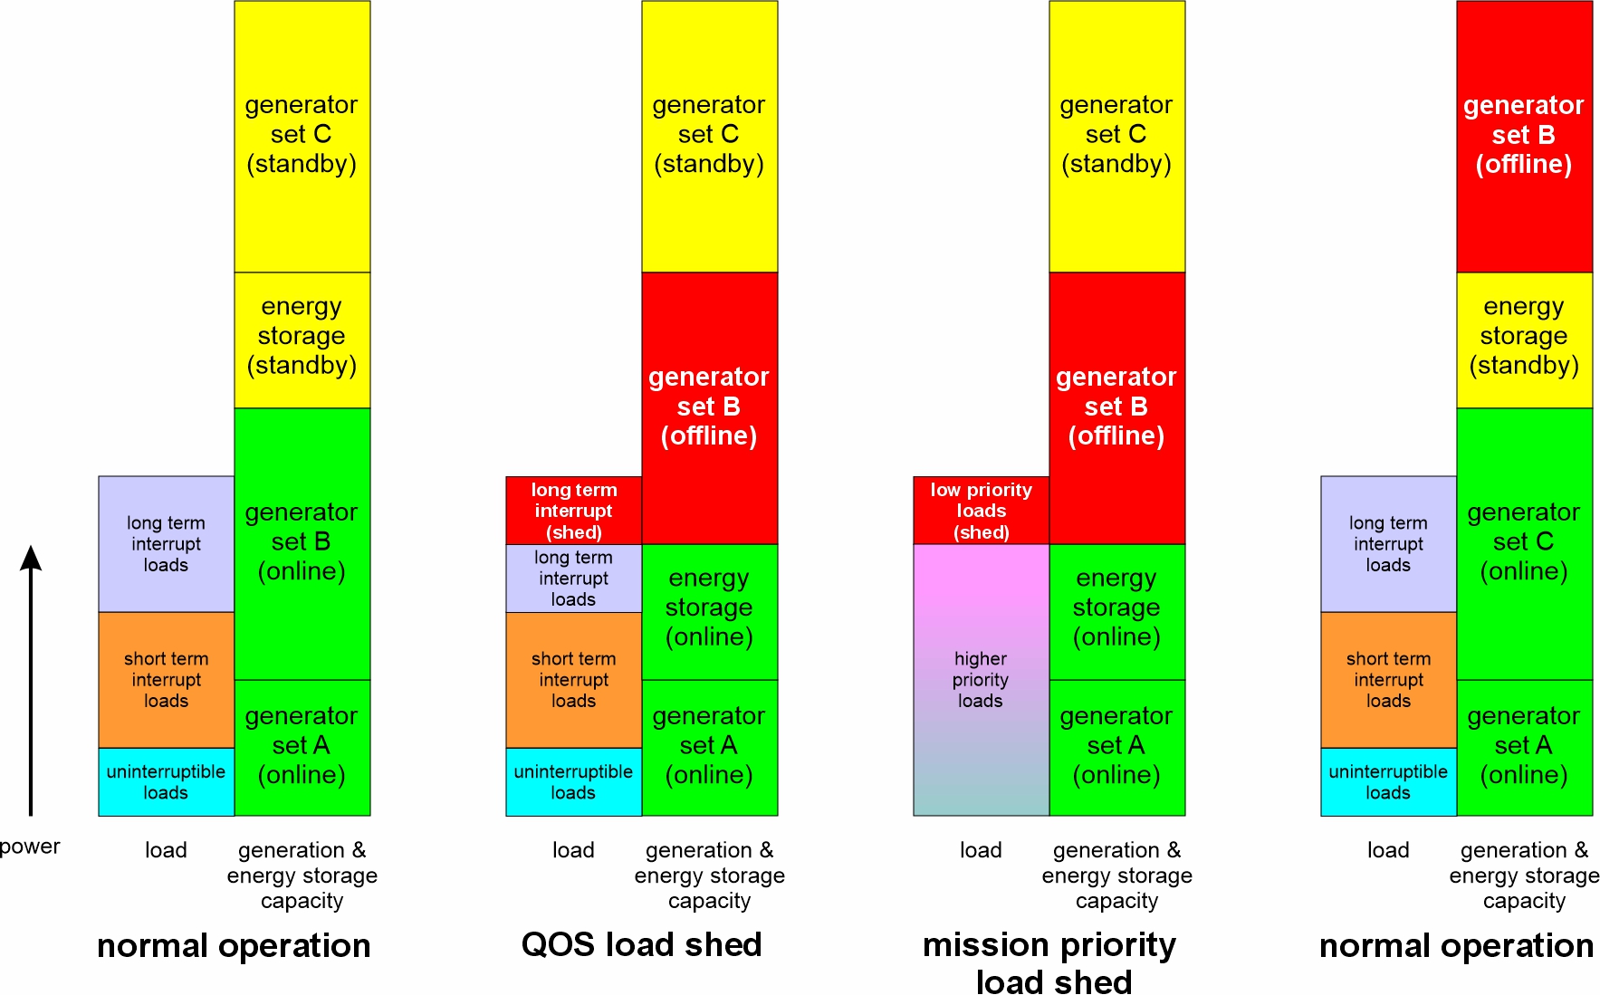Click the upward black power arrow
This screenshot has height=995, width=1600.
[31, 679]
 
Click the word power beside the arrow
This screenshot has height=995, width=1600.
[30, 847]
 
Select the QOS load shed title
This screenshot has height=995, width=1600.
[641, 944]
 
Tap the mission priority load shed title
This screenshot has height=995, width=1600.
[1049, 962]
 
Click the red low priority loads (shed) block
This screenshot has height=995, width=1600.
[981, 511]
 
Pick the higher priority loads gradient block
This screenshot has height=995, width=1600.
[981, 679]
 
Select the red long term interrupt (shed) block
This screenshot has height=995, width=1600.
[573, 511]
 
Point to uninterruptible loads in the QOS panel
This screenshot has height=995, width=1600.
[573, 781]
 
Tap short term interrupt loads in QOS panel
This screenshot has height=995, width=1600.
[573, 679]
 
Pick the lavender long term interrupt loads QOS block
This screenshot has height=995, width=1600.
[573, 578]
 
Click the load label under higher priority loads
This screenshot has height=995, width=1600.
[981, 850]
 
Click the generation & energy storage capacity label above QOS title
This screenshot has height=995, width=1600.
[709, 875]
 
